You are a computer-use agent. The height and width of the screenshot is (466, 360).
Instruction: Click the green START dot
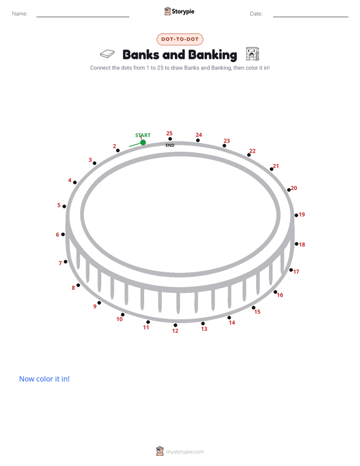(x=143, y=142)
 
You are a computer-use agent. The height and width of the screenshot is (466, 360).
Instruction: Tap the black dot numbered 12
(x=175, y=325)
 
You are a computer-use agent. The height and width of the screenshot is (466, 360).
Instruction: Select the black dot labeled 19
(x=296, y=215)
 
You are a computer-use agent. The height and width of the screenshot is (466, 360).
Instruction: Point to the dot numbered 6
(x=63, y=234)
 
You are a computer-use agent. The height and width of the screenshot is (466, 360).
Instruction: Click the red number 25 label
(x=169, y=134)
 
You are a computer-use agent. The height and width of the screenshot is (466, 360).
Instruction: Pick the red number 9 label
(x=95, y=307)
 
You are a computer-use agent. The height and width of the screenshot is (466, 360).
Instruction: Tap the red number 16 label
(x=280, y=295)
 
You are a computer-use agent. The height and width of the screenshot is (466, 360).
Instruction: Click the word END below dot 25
(x=170, y=145)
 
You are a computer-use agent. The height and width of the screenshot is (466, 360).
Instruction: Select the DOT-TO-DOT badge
(x=180, y=39)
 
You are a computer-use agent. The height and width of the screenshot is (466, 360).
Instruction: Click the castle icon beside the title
(x=253, y=54)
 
